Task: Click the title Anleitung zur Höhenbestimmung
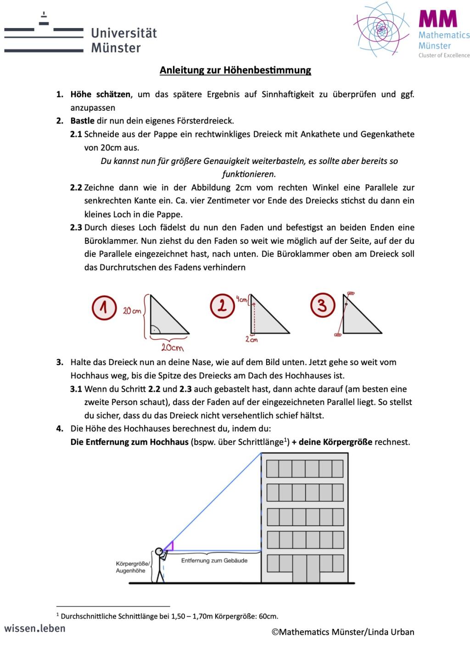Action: pos(235,70)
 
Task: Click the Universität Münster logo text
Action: pos(123,40)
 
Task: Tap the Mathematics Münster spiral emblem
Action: pos(380,29)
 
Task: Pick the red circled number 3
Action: pos(322,305)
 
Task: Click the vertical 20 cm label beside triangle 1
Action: pos(132,311)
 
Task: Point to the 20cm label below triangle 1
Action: pos(172,347)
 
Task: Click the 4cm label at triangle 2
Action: pos(242,300)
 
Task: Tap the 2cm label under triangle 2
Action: pos(251,339)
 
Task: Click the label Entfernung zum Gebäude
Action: pos(214,561)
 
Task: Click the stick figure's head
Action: pos(159,552)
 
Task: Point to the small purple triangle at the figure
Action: pos(169,546)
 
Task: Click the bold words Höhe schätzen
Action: pos(101,95)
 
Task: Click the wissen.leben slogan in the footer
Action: pos(35,628)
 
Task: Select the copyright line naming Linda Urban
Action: pos(342,632)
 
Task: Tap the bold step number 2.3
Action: pos(76,227)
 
